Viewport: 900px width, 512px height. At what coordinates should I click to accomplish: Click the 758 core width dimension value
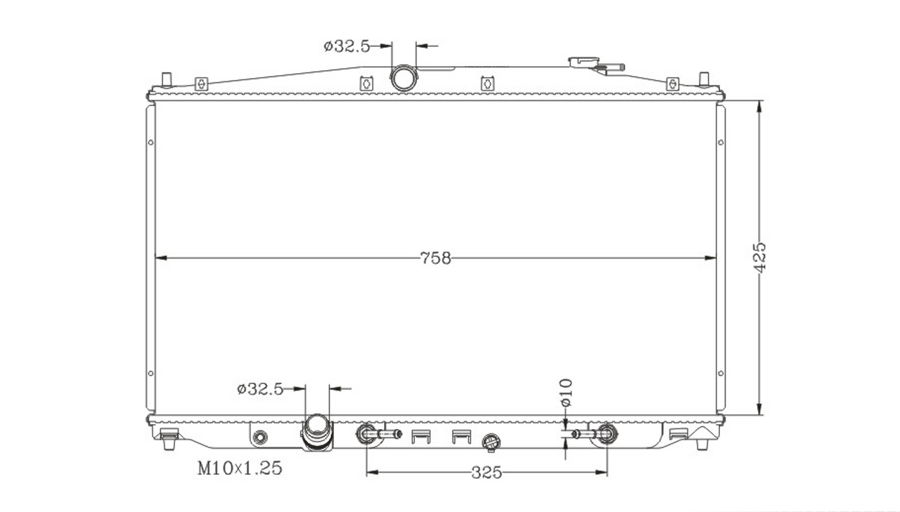(435, 258)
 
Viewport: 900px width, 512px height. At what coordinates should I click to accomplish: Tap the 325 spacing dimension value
(487, 473)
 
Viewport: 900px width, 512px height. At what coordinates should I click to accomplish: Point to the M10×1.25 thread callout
(240, 468)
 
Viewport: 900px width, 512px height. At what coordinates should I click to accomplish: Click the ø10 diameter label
(566, 393)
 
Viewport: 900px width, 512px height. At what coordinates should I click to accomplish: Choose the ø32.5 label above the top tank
(347, 46)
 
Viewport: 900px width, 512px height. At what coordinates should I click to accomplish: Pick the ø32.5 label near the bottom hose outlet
(260, 389)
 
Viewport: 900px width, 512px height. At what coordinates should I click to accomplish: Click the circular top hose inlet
(403, 78)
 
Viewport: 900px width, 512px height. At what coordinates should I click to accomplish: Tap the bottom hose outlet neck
(317, 433)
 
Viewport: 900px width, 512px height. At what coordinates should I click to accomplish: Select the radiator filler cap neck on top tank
(583, 63)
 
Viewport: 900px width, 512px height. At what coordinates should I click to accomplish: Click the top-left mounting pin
(167, 79)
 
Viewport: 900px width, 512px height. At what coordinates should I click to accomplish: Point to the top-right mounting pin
(704, 79)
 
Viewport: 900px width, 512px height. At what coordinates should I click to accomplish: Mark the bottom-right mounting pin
(702, 444)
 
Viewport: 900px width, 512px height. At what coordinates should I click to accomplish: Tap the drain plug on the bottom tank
(491, 442)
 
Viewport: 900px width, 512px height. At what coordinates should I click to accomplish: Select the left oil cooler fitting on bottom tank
(378, 434)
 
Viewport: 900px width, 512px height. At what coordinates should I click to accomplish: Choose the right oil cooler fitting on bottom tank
(595, 434)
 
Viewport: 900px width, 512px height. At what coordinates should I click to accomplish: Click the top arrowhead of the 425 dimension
(759, 107)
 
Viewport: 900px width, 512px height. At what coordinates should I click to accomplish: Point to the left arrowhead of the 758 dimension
(161, 258)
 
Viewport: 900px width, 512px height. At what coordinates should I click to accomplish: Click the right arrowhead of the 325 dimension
(601, 473)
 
